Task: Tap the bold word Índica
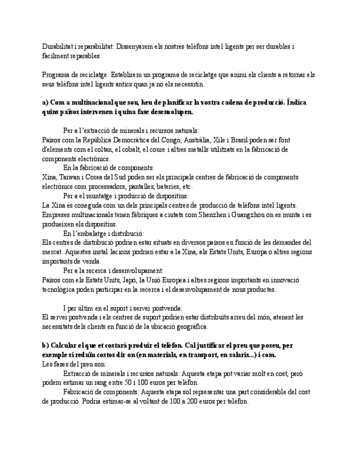click(x=297, y=103)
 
